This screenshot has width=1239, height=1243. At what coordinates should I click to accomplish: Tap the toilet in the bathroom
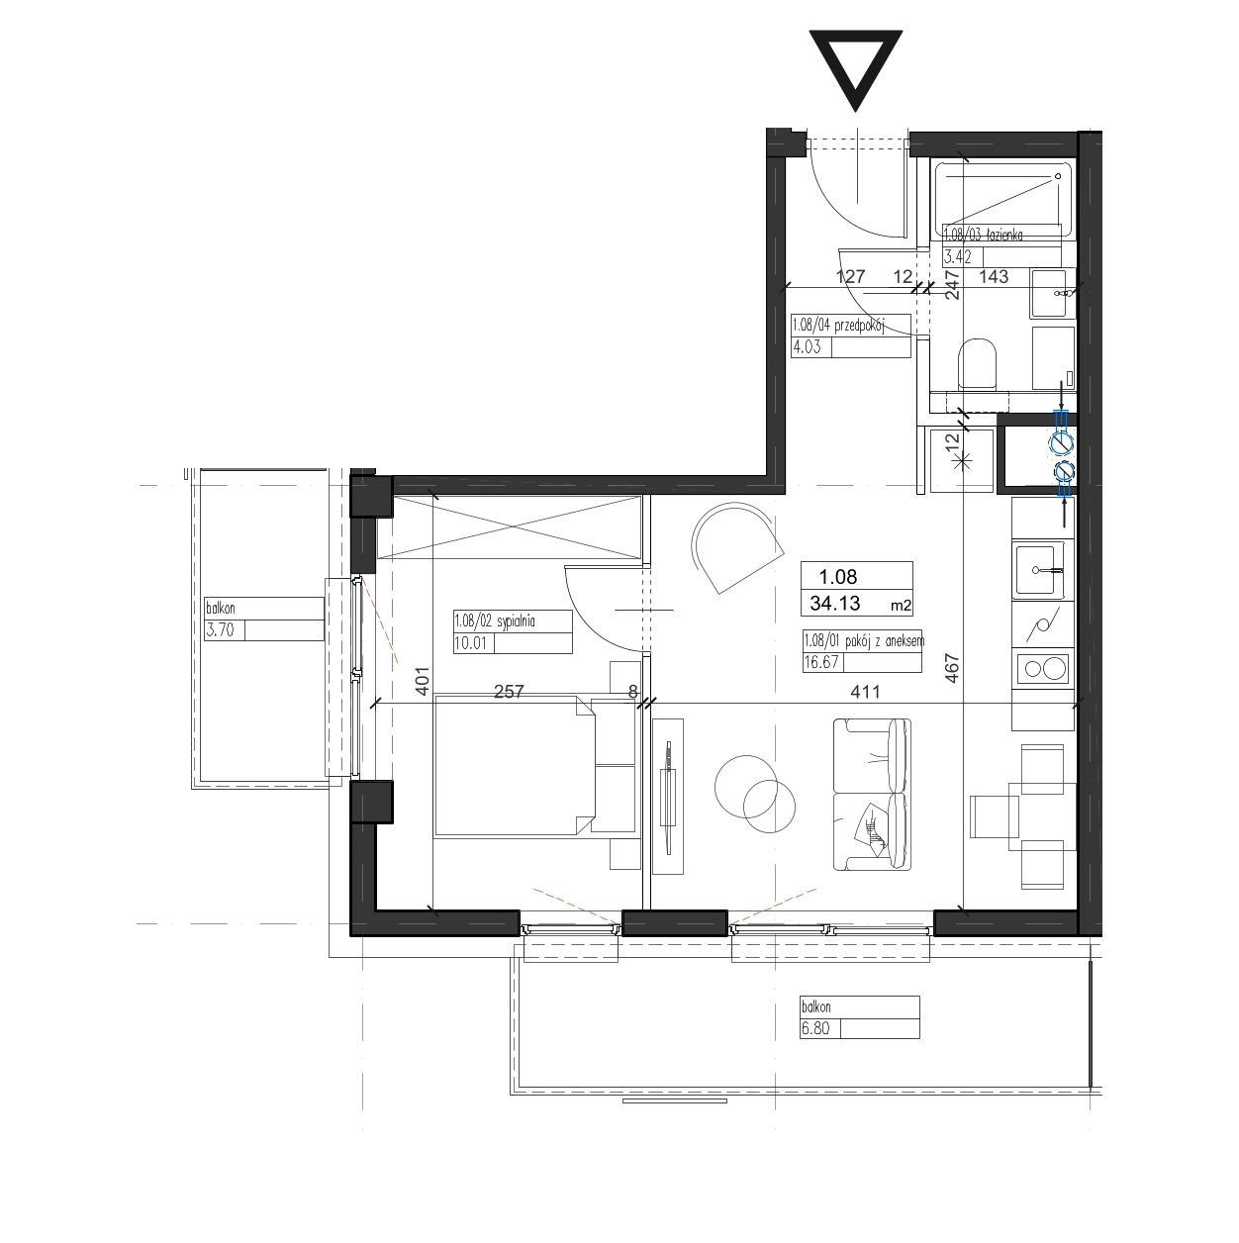[x=978, y=364]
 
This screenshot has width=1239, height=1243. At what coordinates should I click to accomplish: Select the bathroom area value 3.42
[x=958, y=257]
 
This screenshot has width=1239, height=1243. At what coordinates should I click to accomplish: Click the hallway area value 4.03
[x=807, y=347]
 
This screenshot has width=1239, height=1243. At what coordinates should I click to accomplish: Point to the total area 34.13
[x=835, y=603]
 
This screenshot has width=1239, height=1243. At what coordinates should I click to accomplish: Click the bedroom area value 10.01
[x=470, y=643]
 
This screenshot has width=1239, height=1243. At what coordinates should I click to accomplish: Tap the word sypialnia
[x=516, y=621]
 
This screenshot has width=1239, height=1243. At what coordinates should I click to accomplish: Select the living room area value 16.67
[x=821, y=662]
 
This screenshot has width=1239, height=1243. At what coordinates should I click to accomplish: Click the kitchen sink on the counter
[x=1039, y=570]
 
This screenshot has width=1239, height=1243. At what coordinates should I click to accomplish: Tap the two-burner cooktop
[x=1043, y=669]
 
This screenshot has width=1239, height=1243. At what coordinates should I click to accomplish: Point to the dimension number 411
[x=865, y=692]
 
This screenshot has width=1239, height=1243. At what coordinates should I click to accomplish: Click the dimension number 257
[x=509, y=692]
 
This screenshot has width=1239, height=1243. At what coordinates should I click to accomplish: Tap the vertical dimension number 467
[x=952, y=668]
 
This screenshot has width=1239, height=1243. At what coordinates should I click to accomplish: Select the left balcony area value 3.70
[x=220, y=629]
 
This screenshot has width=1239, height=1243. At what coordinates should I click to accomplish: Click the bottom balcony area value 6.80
[x=815, y=1028]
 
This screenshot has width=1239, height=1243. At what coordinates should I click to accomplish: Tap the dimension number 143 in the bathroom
[x=994, y=277]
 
